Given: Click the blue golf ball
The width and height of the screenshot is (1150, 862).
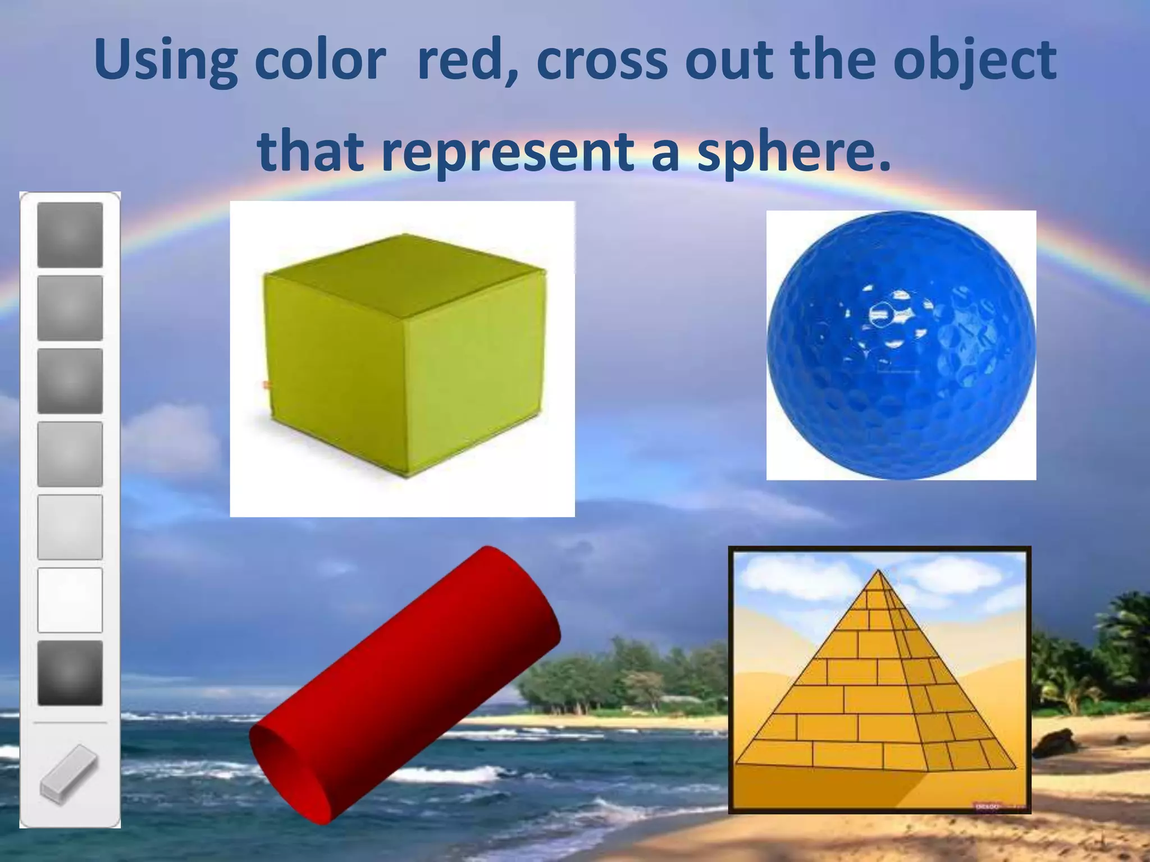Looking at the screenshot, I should click(901, 345).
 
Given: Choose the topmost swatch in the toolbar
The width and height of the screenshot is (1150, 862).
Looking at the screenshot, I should click(70, 235).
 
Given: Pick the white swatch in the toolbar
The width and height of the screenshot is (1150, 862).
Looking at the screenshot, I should click(70, 599).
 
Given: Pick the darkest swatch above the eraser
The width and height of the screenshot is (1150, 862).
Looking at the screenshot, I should click(70, 672).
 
